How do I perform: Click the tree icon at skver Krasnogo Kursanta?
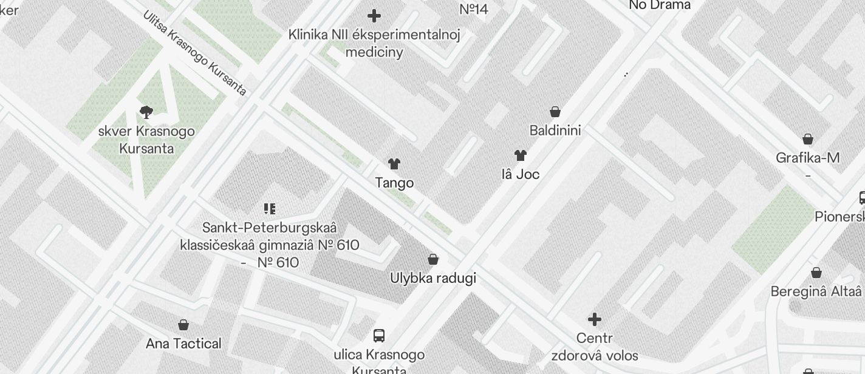click(x=146, y=112)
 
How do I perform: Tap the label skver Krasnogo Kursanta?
click(x=146, y=140)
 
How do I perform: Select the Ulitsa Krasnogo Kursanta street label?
click(x=195, y=53)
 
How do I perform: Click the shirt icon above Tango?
click(x=394, y=164)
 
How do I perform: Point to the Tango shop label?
click(x=394, y=183)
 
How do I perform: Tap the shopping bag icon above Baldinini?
click(x=555, y=112)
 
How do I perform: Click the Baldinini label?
click(x=555, y=131)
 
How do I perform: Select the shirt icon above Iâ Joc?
click(x=521, y=155)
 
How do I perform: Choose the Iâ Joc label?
click(x=521, y=174)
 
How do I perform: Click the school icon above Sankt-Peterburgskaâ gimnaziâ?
click(x=270, y=209)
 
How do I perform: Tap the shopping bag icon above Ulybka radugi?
click(x=433, y=260)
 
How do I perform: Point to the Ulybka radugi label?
click(x=433, y=278)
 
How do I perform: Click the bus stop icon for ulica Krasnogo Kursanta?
click(x=379, y=335)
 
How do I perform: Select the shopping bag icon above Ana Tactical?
click(x=183, y=325)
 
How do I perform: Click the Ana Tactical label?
click(x=183, y=344)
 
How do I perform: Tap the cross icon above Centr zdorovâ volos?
click(x=595, y=319)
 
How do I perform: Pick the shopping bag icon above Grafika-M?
click(x=808, y=139)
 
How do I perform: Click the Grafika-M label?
click(x=808, y=158)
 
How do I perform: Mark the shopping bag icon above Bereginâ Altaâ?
click(x=816, y=273)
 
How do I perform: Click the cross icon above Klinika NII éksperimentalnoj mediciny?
click(x=374, y=16)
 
